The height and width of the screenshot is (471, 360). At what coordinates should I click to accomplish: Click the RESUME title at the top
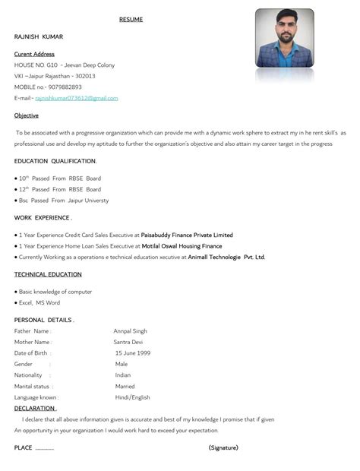[x=131, y=19]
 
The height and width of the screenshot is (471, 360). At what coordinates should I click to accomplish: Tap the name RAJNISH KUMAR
[x=39, y=36]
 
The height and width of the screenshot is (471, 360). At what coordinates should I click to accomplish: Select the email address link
[x=77, y=98]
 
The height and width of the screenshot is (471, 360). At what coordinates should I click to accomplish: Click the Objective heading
[x=27, y=115]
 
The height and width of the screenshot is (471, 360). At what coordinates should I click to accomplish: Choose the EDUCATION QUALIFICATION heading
[x=55, y=161]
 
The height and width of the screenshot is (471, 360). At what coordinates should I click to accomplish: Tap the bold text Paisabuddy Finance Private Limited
[x=187, y=235]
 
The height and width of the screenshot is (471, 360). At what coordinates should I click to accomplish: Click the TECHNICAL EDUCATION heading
[x=48, y=274]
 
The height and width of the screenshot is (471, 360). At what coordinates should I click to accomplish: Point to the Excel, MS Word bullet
[x=39, y=302]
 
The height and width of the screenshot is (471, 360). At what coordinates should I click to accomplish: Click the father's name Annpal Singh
[x=131, y=331]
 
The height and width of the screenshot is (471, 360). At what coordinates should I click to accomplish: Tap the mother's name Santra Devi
[x=129, y=342]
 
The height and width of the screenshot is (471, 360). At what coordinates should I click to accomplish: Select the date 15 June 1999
[x=133, y=353]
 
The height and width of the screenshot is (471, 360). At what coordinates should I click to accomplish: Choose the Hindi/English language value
[x=132, y=397]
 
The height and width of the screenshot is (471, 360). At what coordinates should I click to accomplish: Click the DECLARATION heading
[x=34, y=408]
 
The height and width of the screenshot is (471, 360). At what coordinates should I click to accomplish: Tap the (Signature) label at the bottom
[x=223, y=447]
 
